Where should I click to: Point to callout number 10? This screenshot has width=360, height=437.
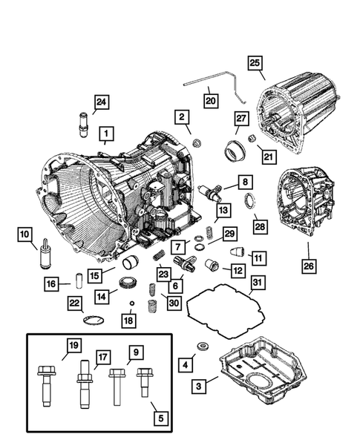tap(26, 236)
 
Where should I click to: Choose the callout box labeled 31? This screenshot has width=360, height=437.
tap(256, 283)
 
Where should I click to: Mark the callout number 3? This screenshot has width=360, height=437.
tap(197, 386)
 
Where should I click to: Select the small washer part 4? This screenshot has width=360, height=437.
tap(201, 347)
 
